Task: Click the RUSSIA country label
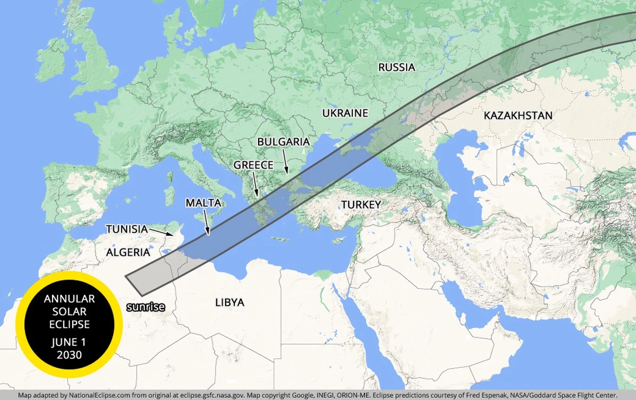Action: click(x=396, y=67)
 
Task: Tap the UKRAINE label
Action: click(x=345, y=113)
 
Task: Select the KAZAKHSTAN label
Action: click(x=518, y=115)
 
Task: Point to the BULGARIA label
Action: click(x=283, y=142)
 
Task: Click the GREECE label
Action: click(x=253, y=165)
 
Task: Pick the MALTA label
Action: click(x=203, y=202)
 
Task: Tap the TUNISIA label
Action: click(x=126, y=229)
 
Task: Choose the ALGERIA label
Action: click(x=128, y=252)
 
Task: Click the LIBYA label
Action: click(x=229, y=303)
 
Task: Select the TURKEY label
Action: click(x=361, y=205)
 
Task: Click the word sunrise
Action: click(x=146, y=307)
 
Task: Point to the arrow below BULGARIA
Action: click(x=285, y=162)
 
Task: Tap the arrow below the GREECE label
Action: click(x=255, y=185)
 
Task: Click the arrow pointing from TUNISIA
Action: click(x=161, y=232)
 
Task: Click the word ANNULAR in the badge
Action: click(x=69, y=299)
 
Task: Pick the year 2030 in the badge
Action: click(x=69, y=355)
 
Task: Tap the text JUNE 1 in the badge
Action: click(x=69, y=342)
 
